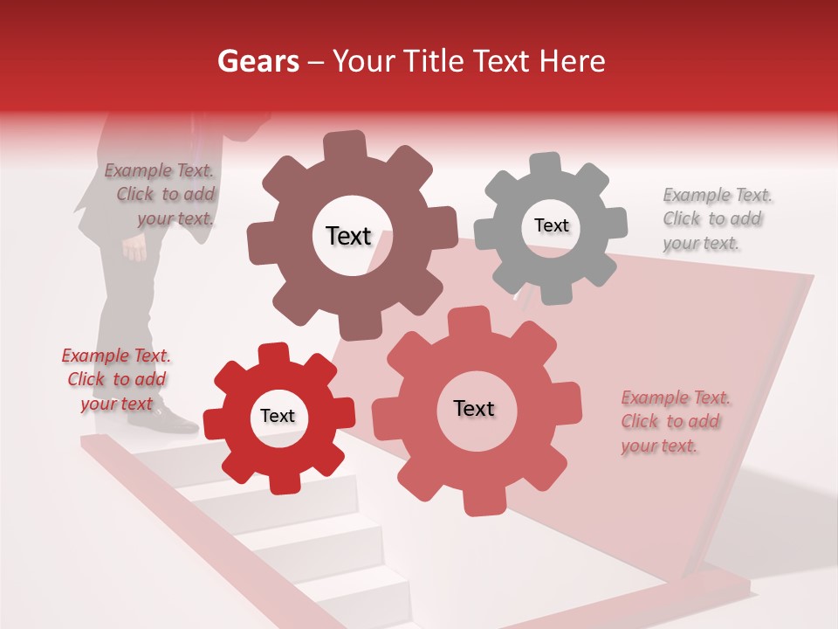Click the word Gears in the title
click(258, 61)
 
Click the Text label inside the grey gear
click(551, 225)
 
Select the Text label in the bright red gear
click(278, 416)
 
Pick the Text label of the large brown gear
click(348, 236)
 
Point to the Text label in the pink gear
click(474, 408)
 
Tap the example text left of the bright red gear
click(116, 379)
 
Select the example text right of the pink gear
click(674, 421)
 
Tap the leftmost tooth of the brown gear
click(259, 240)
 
